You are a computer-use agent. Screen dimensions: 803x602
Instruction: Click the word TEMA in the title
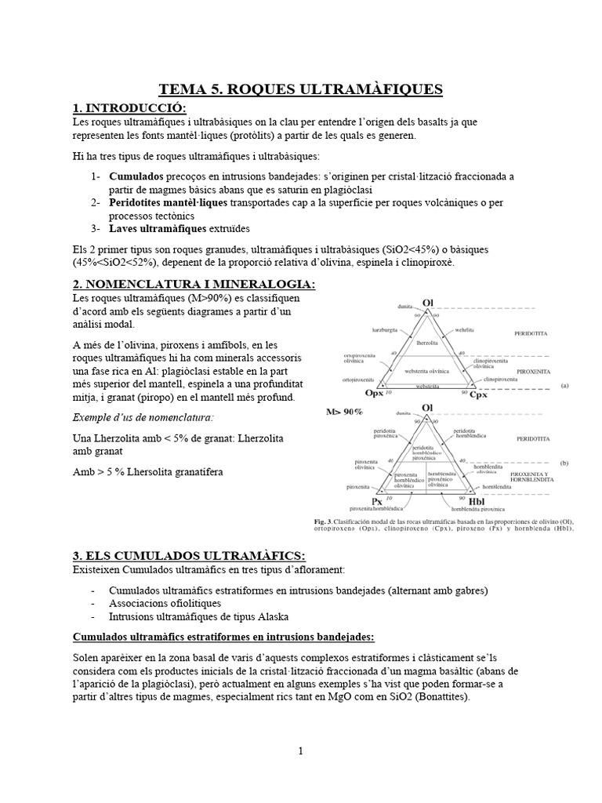(182, 89)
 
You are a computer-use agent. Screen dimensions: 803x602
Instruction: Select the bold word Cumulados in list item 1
(137, 176)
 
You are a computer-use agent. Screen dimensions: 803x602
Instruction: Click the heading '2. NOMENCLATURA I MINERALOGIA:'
(194, 284)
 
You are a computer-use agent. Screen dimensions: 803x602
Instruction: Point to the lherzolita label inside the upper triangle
(427, 343)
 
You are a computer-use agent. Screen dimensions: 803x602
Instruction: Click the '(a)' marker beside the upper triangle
(566, 385)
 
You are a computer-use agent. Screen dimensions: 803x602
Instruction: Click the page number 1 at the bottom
(300, 750)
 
